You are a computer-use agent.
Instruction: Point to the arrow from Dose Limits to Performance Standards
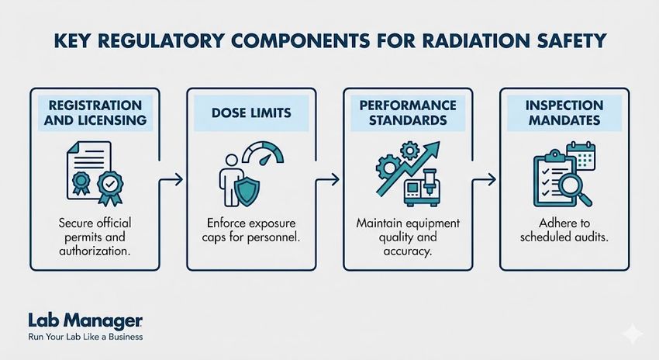coord(330,179)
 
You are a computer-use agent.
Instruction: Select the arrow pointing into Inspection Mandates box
coord(487,179)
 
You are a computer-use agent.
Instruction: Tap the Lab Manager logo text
coord(73,321)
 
